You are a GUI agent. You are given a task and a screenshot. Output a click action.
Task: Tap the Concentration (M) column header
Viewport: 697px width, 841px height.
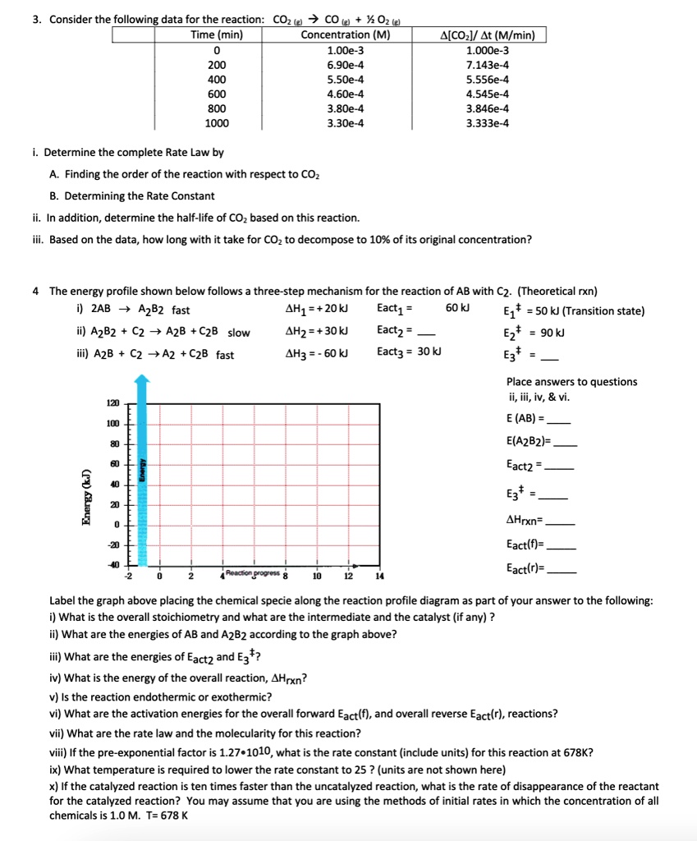346,34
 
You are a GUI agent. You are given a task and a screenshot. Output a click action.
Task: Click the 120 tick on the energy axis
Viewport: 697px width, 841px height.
112,404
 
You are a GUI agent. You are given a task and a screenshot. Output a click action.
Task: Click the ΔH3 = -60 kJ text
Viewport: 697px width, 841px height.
315,353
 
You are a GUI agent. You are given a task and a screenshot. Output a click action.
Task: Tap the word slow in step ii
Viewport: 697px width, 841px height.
239,332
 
